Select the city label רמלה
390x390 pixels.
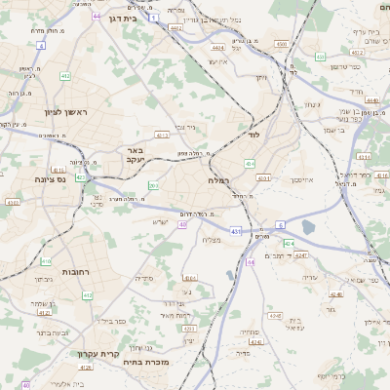click(217, 180)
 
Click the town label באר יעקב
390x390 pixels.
click(135, 156)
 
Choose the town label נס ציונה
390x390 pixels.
click(48, 179)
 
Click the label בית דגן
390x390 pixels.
click(123, 19)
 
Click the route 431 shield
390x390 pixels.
click(237, 231)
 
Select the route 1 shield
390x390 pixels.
click(153, 18)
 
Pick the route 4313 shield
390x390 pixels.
click(162, 136)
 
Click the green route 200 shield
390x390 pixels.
click(153, 185)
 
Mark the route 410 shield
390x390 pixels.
click(46, 261)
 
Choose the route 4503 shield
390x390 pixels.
click(281, 44)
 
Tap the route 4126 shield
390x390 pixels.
click(86, 368)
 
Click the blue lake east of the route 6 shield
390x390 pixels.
click(309, 228)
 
